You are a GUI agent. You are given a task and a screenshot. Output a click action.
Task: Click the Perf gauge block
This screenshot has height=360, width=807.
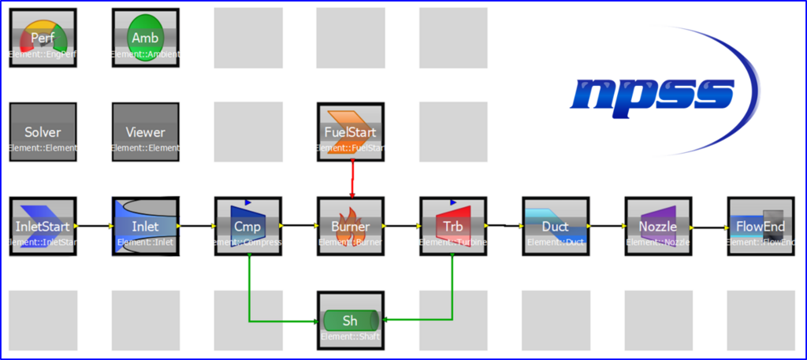[x=43, y=39]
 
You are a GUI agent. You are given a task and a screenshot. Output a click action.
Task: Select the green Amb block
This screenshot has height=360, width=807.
[x=145, y=39]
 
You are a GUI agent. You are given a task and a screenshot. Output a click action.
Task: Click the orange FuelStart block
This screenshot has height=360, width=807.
[x=350, y=132]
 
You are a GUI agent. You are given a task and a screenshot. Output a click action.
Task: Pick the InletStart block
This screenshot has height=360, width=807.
[x=43, y=227]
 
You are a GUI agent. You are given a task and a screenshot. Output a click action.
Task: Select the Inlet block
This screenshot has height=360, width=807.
[x=145, y=227]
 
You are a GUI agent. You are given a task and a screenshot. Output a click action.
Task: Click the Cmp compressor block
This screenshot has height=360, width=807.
[x=247, y=227]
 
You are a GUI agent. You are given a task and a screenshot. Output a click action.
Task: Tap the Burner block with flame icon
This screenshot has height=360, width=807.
[x=350, y=227]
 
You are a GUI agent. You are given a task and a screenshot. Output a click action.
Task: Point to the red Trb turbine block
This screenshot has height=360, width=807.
[x=452, y=227]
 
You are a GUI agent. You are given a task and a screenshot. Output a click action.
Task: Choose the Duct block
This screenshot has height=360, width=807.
[x=555, y=227]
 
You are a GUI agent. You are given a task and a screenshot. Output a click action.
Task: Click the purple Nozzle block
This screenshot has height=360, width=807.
[x=657, y=227]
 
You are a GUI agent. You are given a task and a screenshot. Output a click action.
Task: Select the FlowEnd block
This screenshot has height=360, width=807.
[x=760, y=227]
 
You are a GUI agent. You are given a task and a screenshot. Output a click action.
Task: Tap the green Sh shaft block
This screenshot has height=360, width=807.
[x=350, y=321]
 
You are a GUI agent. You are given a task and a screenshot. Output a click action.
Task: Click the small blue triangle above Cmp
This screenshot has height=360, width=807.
[x=247, y=202]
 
